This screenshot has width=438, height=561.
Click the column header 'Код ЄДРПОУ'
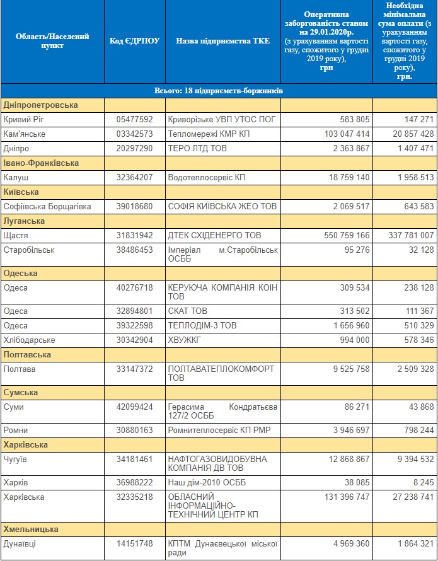(x=134, y=41)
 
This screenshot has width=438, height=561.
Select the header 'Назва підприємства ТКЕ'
(x=223, y=41)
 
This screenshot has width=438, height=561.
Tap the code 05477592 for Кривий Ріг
(x=134, y=119)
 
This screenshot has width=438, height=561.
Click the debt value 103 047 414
(x=347, y=134)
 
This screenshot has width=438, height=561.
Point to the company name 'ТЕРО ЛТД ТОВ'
(x=197, y=148)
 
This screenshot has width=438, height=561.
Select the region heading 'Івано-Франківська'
(x=41, y=163)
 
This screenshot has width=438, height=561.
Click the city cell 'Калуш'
(x=16, y=178)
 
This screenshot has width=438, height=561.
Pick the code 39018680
(x=134, y=207)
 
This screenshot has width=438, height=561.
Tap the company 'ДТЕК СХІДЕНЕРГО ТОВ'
(x=215, y=235)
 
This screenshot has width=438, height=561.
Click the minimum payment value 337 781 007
(x=411, y=235)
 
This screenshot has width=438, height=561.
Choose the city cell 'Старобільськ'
(x=29, y=250)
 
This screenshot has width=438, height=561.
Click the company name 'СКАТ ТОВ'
(x=188, y=311)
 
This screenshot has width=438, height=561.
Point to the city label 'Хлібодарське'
(x=30, y=340)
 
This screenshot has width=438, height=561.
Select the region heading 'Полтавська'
(x=27, y=354)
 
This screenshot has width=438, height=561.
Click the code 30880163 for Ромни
(x=134, y=431)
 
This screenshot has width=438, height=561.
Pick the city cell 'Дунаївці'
(x=20, y=544)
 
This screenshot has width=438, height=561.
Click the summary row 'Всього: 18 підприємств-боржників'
(x=219, y=91)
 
